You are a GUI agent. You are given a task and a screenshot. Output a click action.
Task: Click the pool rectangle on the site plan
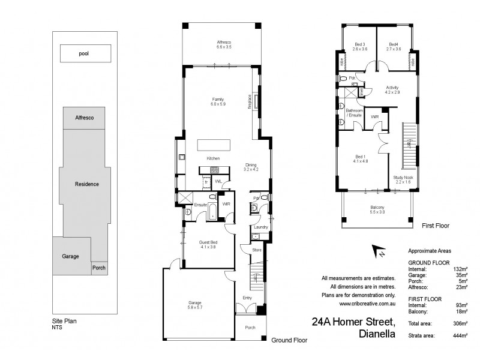88,53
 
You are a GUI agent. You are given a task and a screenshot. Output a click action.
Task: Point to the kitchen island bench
214,146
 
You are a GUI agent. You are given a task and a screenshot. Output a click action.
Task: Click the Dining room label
251,167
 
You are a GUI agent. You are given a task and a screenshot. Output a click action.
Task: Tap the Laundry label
260,227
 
